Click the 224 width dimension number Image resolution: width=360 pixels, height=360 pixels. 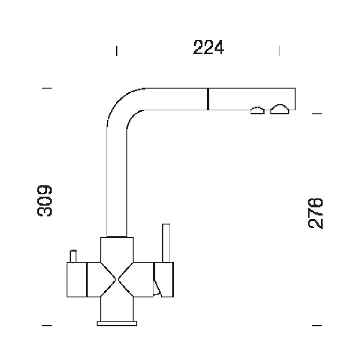[208, 47]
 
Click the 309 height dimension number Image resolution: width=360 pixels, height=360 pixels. [45, 201]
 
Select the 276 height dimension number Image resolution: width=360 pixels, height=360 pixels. [315, 213]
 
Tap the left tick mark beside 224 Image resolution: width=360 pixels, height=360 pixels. [117, 51]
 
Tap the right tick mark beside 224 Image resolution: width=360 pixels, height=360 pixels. [279, 51]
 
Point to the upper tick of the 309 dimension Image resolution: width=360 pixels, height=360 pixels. [46, 88]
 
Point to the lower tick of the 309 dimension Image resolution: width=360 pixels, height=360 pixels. [46, 325]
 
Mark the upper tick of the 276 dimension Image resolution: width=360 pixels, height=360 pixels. [316, 113]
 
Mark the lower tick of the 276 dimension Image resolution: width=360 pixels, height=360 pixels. [316, 325]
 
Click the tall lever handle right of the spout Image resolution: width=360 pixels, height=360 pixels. [166, 243]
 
